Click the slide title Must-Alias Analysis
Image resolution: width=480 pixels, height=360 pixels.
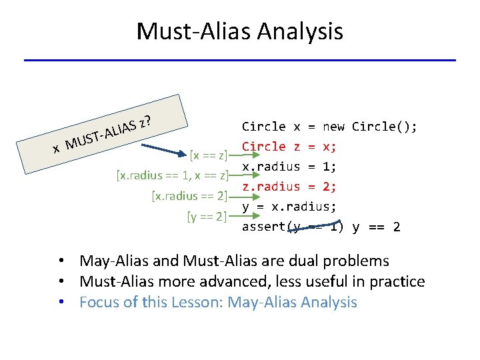(x=239, y=31)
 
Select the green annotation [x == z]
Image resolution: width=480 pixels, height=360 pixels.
(x=209, y=156)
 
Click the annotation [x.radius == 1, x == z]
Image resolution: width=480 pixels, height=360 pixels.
(x=172, y=176)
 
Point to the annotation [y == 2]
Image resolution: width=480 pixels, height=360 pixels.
(x=207, y=216)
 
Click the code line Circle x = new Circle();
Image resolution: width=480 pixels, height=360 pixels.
(x=329, y=127)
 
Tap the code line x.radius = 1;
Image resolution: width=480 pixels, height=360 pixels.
(x=289, y=166)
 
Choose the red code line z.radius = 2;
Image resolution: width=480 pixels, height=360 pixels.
(x=289, y=186)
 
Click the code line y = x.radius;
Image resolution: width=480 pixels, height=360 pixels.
(x=289, y=206)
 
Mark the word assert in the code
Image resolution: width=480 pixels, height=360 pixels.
(x=263, y=227)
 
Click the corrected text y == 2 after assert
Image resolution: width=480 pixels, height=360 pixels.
(x=376, y=227)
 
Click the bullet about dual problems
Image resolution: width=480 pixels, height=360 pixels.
(x=234, y=261)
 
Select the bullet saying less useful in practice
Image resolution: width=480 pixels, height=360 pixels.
(x=252, y=281)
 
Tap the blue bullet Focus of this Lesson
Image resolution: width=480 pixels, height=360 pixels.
(x=218, y=302)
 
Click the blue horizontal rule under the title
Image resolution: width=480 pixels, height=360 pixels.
(x=239, y=61)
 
